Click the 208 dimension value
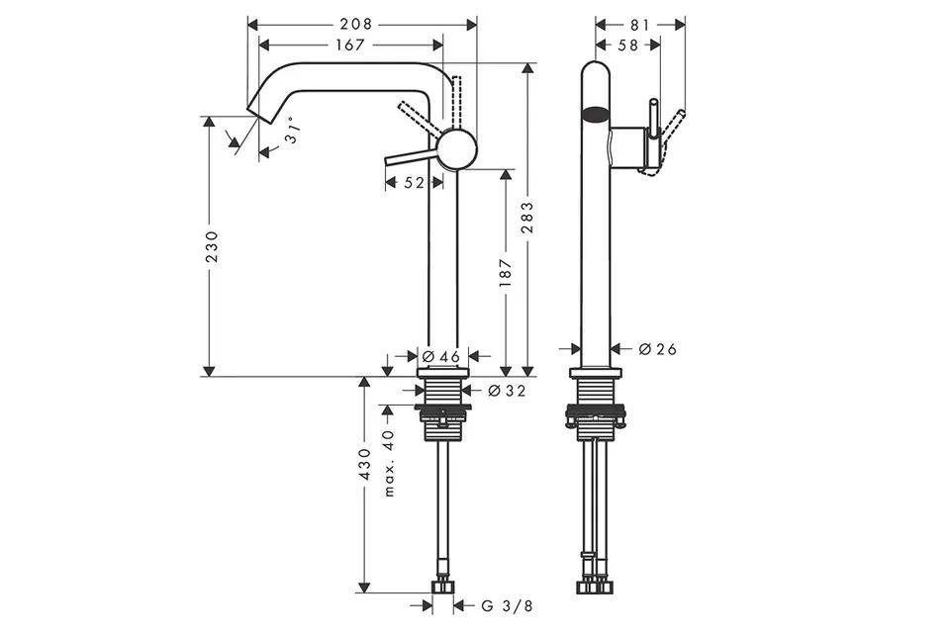tap(355, 24)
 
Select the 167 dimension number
tap(350, 45)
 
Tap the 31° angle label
tap(293, 131)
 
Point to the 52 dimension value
tap(414, 182)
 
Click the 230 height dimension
tap(212, 246)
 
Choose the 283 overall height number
tap(527, 218)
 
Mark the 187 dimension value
tap(507, 273)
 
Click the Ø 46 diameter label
tap(441, 356)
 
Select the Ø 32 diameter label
tap(507, 392)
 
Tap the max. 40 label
tap(389, 463)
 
